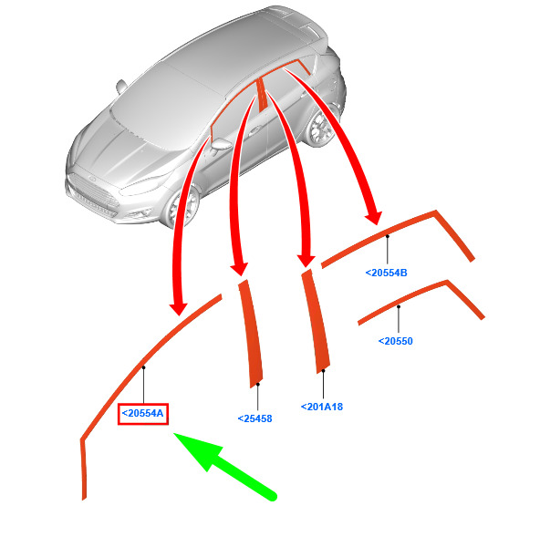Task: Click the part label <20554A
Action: (x=143, y=414)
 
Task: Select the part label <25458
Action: (x=254, y=418)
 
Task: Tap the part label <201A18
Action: (x=322, y=407)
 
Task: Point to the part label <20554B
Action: (x=387, y=273)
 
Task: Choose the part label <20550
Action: (x=396, y=341)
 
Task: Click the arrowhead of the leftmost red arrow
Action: (x=179, y=309)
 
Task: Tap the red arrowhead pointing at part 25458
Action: (x=239, y=270)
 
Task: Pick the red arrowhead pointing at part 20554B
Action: (x=374, y=218)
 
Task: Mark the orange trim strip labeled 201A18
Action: (x=316, y=322)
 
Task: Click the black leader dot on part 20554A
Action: (x=143, y=367)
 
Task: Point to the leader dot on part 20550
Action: (x=399, y=307)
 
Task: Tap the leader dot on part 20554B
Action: (x=387, y=236)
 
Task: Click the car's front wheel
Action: (x=182, y=208)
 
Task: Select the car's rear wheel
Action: (x=320, y=128)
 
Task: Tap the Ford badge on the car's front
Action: (x=92, y=179)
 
